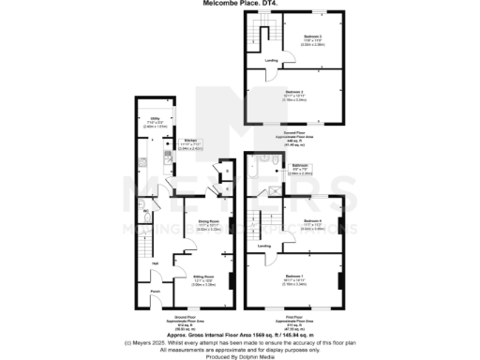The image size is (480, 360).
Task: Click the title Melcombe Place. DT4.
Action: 239,4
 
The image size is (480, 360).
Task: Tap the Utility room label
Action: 156,121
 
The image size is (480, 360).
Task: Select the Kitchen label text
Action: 189,141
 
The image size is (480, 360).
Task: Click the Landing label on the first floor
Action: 265,247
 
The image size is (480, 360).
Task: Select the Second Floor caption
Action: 295,134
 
